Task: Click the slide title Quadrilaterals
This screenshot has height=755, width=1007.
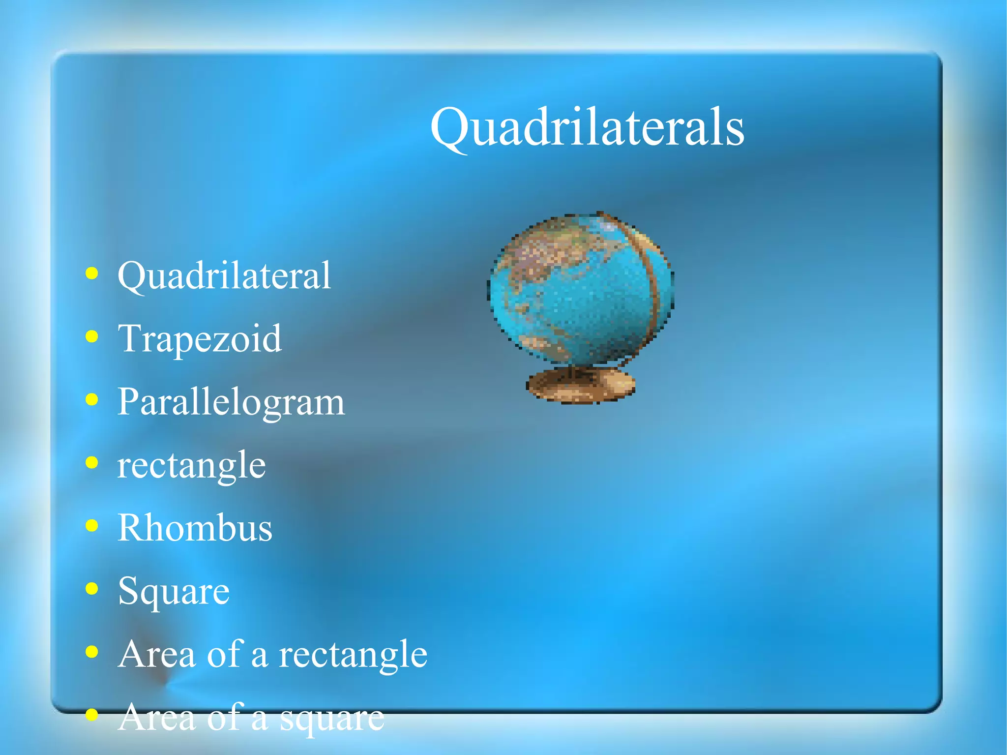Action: pos(587,128)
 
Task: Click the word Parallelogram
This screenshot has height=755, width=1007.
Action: pos(231,402)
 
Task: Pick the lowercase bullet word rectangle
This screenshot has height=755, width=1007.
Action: pos(192,465)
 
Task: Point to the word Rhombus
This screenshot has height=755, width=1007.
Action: pos(195,528)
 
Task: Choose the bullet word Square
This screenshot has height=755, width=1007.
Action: pos(174,591)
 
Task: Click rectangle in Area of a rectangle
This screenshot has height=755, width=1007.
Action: pos(353,655)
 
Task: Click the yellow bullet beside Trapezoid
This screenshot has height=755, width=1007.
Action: pos(91,337)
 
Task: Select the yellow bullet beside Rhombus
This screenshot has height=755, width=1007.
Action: pos(91,526)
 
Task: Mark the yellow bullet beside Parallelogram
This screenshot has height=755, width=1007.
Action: pos(91,400)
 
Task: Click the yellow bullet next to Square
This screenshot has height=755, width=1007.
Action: pos(91,589)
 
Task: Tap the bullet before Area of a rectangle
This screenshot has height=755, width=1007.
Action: pos(91,652)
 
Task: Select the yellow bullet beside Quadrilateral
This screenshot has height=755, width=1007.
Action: pos(91,273)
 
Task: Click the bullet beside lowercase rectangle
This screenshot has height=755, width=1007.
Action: pos(91,463)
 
